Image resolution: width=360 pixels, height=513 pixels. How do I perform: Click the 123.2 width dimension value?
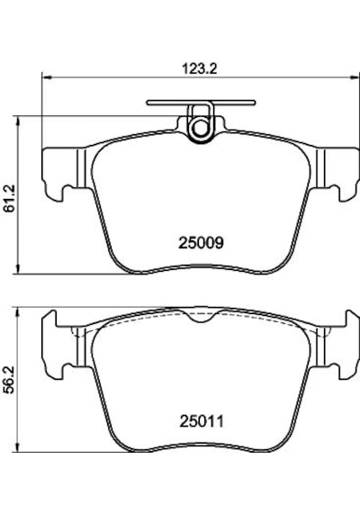tap(199, 69)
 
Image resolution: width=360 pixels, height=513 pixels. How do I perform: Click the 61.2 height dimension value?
tap(10, 198)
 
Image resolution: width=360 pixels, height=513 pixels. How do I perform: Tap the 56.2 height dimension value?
tap(10, 380)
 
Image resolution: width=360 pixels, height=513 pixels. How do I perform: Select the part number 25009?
tap(201, 243)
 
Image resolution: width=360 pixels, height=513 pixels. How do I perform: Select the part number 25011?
tap(202, 421)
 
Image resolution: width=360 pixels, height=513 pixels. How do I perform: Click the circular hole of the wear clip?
tap(199, 128)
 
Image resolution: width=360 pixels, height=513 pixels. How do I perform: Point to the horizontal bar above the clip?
tap(201, 103)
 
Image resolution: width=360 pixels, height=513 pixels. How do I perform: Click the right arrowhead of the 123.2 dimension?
tap(355, 77)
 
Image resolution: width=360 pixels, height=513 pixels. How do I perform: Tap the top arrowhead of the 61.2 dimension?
tap(19, 121)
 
